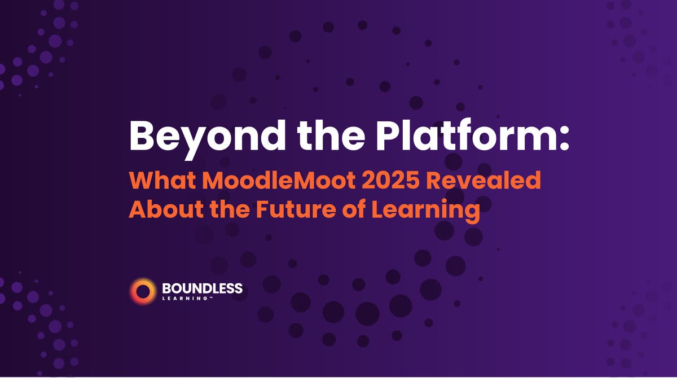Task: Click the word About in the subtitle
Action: (160, 210)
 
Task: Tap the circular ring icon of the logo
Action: (142, 291)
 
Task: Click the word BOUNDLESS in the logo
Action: (202, 288)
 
